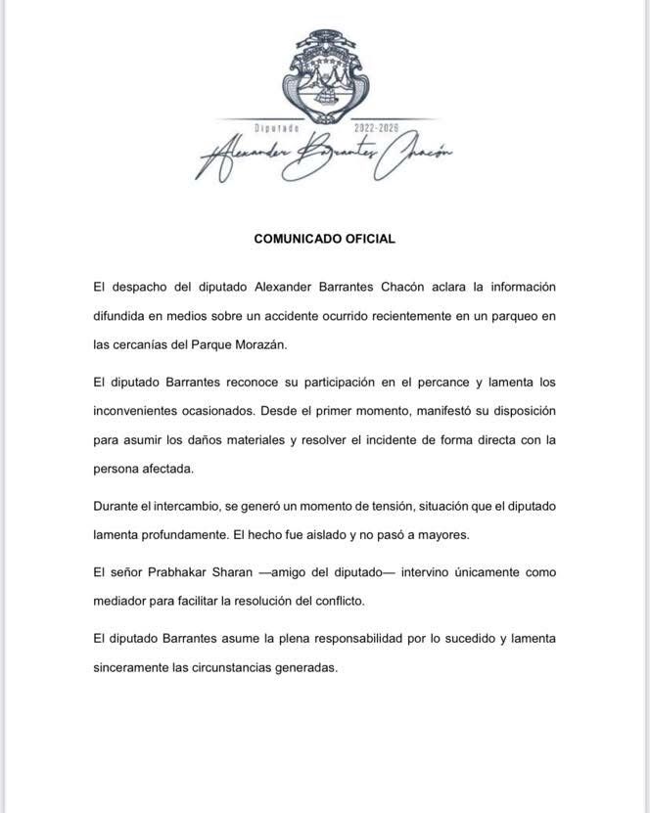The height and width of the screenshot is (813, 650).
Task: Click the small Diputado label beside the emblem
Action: [276, 129]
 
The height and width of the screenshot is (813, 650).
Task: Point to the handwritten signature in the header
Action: [323, 157]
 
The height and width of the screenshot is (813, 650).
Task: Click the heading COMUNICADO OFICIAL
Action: [324, 238]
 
